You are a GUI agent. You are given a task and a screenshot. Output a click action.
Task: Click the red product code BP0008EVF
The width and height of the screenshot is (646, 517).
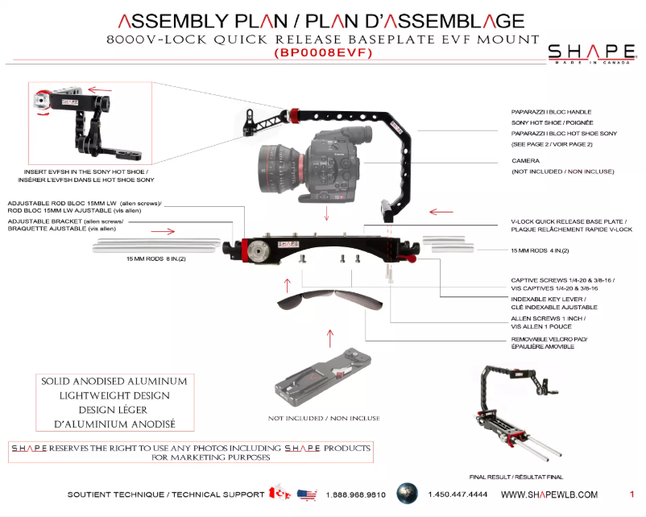point(322,54)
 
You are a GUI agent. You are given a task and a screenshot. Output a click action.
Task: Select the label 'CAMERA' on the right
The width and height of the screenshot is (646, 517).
point(525,161)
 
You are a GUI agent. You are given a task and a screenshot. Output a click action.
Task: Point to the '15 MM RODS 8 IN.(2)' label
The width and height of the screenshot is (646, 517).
point(156,260)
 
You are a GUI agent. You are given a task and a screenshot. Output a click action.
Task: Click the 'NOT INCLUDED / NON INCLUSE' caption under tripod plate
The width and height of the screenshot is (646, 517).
point(324,418)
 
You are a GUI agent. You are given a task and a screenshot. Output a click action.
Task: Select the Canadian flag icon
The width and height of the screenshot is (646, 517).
point(279,493)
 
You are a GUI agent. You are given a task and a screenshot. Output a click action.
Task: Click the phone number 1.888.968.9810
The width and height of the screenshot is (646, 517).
point(356,494)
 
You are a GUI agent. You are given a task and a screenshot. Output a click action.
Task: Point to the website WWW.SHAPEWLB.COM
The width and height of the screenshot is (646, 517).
point(549,494)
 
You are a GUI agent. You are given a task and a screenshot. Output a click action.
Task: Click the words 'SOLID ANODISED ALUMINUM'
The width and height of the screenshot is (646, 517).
point(114,380)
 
